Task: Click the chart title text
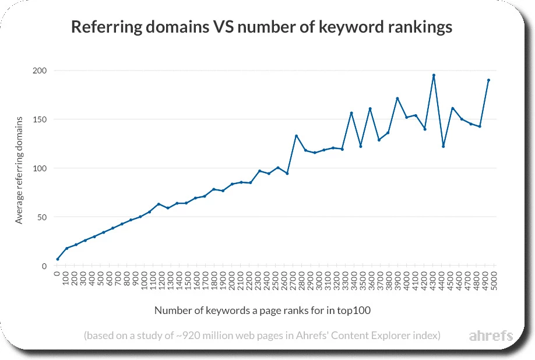click(261, 27)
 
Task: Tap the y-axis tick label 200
click(39, 70)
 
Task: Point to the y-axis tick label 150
click(39, 119)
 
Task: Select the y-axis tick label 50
click(41, 217)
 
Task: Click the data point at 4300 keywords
click(434, 75)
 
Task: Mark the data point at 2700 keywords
click(296, 136)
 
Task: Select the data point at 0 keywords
click(57, 259)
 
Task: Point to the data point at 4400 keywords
click(443, 146)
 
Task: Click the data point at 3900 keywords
click(397, 98)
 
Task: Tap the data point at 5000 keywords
click(488, 80)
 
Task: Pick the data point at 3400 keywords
click(351, 113)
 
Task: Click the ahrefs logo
click(491, 336)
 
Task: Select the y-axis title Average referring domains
click(19, 170)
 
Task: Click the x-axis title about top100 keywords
click(262, 310)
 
